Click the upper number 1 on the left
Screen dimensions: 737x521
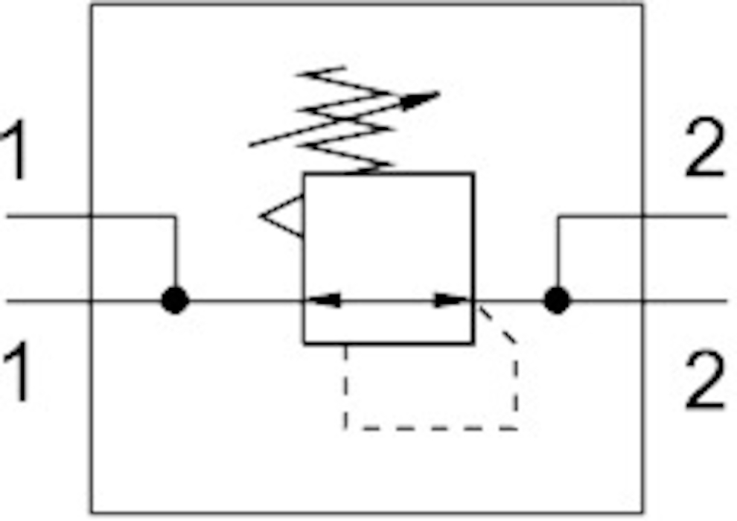pos(15,150)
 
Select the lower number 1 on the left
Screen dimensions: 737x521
pos(15,371)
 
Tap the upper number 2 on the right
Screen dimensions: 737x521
pos(703,147)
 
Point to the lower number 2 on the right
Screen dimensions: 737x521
pos(703,380)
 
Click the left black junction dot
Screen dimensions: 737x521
pos(175,300)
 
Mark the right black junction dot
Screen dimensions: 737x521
pos(557,300)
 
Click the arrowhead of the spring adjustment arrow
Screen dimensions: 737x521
pos(420,100)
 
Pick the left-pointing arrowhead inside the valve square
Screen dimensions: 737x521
pos(325,300)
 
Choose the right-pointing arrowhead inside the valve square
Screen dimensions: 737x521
pos(451,300)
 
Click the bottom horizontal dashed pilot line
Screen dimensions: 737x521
pos(431,428)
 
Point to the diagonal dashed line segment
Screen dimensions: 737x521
pos(497,325)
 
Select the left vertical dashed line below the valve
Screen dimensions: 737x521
pos(346,386)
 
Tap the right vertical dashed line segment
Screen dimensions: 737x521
pos(516,386)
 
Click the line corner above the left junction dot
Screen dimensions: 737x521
pos(176,217)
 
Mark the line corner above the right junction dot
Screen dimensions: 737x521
pos(558,217)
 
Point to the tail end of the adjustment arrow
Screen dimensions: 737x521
pos(249,145)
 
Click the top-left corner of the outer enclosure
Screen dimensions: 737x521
pos(91,5)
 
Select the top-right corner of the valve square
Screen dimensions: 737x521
pos(473,174)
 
